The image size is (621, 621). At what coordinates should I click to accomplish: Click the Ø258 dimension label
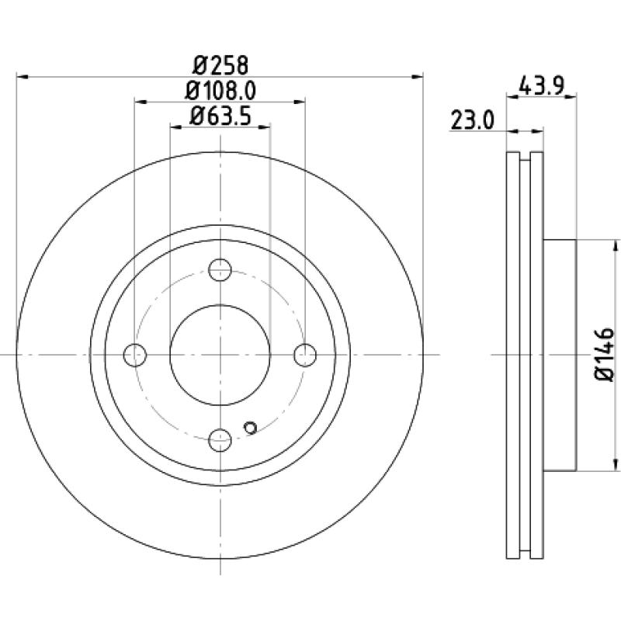pos(220,65)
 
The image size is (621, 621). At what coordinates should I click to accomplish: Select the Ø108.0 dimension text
pos(220,91)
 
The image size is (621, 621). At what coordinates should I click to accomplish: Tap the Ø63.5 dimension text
pos(220,116)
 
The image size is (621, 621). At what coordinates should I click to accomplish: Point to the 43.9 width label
pos(541,85)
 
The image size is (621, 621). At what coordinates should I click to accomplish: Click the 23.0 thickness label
pos(473,120)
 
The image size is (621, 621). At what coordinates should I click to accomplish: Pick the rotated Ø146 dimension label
pos(605,355)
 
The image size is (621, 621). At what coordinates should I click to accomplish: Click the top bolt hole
pos(220,269)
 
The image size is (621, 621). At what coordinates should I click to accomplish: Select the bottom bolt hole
pos(220,439)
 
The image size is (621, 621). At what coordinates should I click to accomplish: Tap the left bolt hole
pos(135,355)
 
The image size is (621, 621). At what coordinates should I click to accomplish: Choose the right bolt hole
pos(305,355)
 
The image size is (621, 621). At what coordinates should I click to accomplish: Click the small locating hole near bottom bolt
pos(250,428)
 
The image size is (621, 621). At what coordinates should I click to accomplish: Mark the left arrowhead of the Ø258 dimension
pos(22,76)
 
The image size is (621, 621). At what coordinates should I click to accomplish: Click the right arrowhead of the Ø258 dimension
pos(418,76)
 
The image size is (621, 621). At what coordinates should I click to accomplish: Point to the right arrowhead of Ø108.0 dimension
pos(300,102)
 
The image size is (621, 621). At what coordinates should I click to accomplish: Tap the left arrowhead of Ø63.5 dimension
pos(176,127)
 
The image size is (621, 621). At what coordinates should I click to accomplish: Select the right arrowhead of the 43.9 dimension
pos(571,95)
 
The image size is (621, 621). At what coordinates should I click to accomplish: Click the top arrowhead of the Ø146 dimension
pos(615,245)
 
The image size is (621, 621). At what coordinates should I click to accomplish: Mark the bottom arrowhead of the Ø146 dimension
pos(615,465)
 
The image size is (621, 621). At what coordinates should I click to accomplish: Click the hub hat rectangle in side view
pos(559,356)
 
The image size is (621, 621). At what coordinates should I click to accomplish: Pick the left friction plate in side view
pos(513,356)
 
